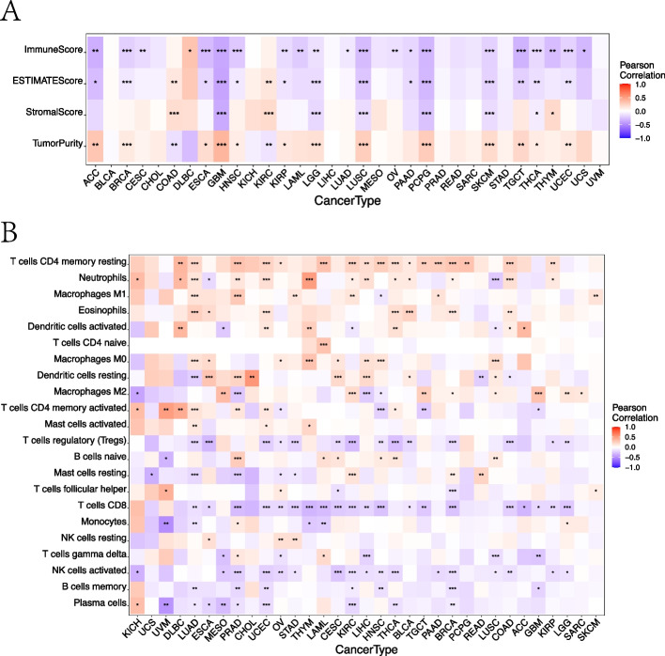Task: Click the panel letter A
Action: pyautogui.click(x=13, y=12)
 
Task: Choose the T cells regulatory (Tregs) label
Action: pyautogui.click(x=68, y=441)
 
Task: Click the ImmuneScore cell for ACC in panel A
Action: pyautogui.click(x=95, y=50)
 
